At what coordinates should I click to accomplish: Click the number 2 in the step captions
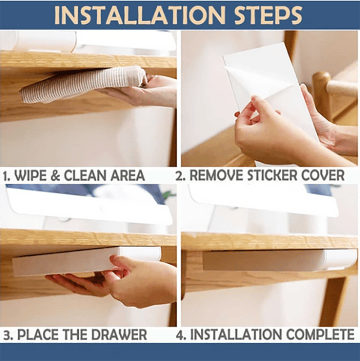(180, 175)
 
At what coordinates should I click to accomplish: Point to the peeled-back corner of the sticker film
(252, 81)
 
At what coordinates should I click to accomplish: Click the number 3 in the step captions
(7, 335)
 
